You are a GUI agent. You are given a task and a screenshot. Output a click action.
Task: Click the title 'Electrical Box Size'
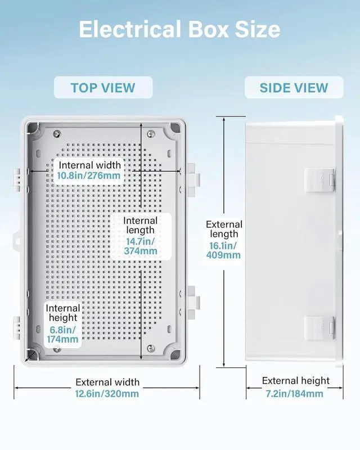(x=179, y=29)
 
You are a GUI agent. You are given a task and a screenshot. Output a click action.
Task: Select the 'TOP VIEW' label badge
(x=103, y=88)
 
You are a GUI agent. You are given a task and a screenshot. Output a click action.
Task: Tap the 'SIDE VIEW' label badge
(x=294, y=88)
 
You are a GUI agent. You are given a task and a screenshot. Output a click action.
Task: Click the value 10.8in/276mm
(x=89, y=175)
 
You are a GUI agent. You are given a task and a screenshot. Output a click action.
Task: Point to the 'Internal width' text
(x=89, y=165)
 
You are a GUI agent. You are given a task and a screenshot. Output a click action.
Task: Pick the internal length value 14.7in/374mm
(x=141, y=246)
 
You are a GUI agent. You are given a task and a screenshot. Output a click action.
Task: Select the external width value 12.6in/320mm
(x=107, y=394)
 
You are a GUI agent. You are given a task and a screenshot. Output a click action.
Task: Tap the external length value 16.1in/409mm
(x=224, y=250)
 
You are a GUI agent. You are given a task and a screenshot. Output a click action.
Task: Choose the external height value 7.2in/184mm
(x=294, y=394)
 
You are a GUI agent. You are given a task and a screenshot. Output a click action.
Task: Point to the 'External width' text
(x=107, y=382)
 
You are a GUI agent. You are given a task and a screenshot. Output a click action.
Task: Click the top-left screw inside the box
(x=56, y=133)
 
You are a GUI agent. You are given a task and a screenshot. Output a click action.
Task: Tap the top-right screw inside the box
(x=150, y=133)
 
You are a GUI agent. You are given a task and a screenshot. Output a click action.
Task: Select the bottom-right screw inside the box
(x=150, y=349)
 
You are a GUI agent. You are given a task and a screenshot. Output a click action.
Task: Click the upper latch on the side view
(x=319, y=179)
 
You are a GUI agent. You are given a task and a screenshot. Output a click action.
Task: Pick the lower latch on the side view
(x=319, y=327)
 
